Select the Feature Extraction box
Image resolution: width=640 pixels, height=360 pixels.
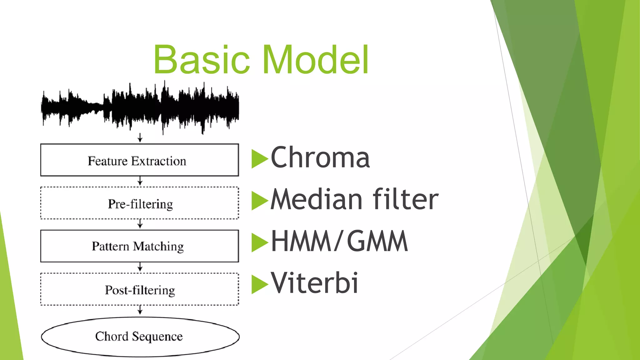pyautogui.click(x=139, y=160)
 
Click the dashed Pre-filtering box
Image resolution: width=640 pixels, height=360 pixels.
pyautogui.click(x=139, y=203)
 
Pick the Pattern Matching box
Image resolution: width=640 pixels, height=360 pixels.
pyautogui.click(x=139, y=246)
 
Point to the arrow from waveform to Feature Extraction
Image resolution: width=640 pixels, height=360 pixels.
pyautogui.click(x=140, y=138)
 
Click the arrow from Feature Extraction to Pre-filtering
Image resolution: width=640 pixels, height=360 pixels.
pyautogui.click(x=140, y=181)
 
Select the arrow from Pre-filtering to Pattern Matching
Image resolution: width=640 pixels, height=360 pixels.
pyautogui.click(x=140, y=224)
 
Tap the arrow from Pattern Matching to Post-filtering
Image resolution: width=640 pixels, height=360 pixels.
pyautogui.click(x=140, y=267)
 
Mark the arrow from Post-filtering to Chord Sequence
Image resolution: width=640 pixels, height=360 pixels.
pyautogui.click(x=140, y=310)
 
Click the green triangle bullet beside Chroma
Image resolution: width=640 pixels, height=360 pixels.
pyautogui.click(x=259, y=159)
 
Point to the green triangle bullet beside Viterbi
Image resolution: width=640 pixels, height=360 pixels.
pyautogui.click(x=259, y=284)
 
